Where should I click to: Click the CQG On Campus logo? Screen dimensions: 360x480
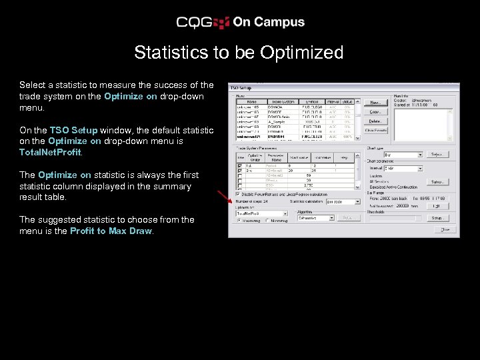point(240,22)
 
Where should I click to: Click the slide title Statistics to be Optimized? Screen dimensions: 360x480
point(239,53)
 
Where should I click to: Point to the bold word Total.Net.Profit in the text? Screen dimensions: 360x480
point(50,153)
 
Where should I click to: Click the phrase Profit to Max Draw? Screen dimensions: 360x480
point(111,231)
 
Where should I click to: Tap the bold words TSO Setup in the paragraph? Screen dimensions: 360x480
point(73,130)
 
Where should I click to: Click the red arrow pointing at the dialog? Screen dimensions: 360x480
point(223,195)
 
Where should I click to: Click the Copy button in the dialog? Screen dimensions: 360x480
point(375,112)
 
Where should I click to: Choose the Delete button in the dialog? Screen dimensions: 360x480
point(375,121)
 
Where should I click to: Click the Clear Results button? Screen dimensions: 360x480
point(375,130)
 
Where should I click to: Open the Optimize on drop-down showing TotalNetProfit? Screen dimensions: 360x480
point(261,213)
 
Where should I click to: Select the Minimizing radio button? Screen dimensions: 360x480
point(268,221)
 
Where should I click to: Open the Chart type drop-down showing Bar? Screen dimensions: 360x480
point(402,154)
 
